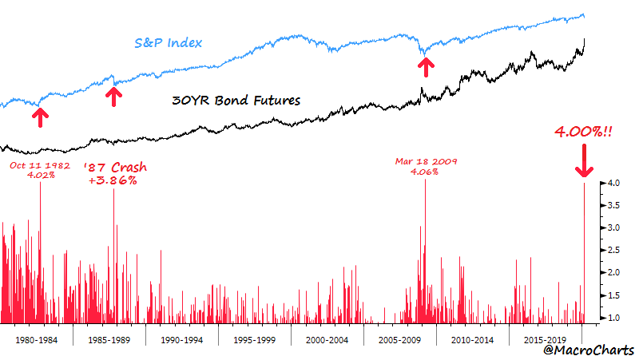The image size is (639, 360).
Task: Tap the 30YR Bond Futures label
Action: (x=236, y=101)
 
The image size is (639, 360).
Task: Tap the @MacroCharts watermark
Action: (x=588, y=350)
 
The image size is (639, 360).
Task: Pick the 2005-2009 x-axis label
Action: (x=400, y=338)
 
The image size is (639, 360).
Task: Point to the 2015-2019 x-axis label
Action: (x=546, y=338)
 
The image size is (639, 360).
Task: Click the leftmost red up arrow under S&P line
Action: (x=38, y=117)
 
